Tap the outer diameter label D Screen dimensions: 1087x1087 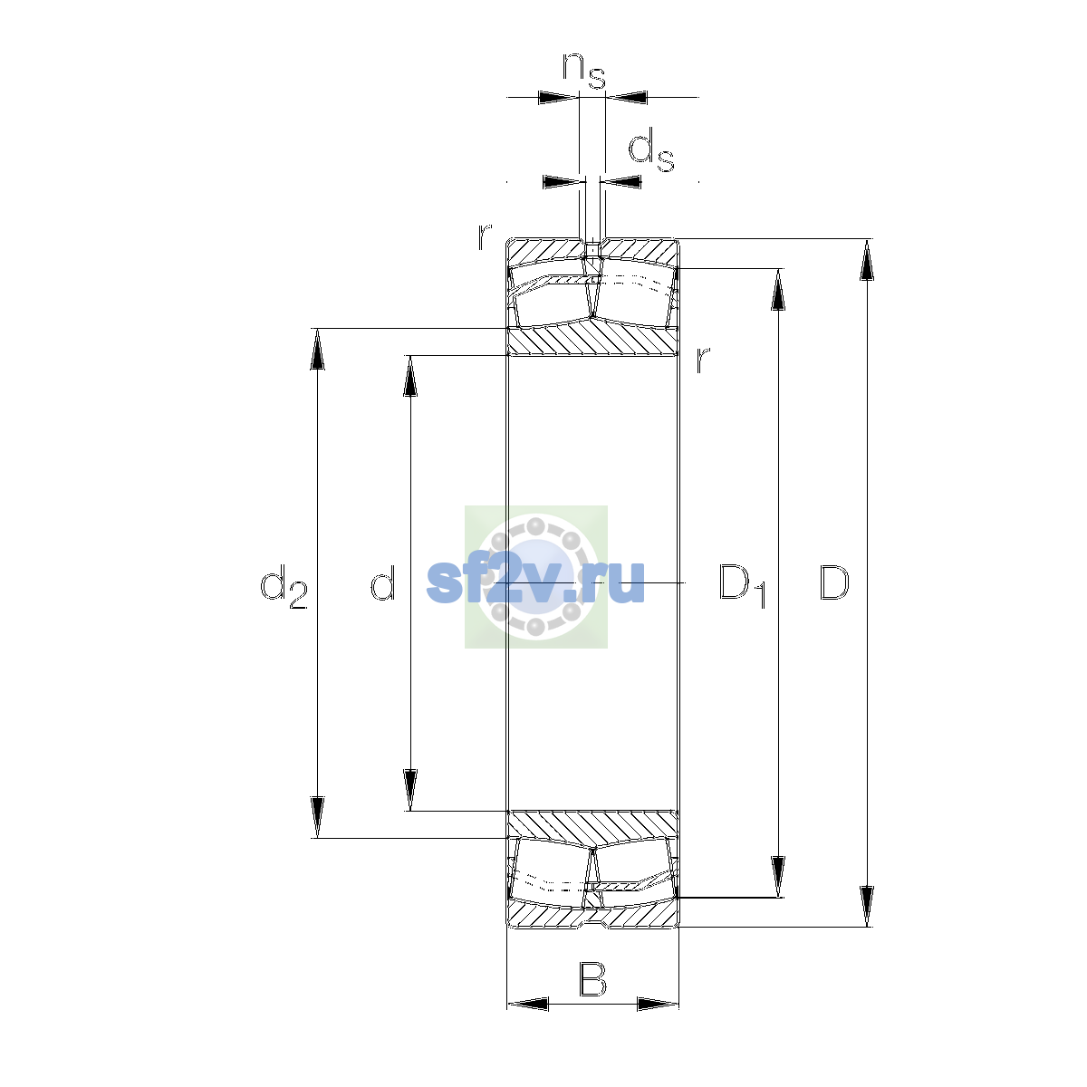point(833,582)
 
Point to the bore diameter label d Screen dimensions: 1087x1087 point(383,582)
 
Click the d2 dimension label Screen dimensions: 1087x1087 point(284,587)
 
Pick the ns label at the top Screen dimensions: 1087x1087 point(584,71)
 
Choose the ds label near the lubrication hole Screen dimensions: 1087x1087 point(651,149)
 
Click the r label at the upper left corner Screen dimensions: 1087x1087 point(485,236)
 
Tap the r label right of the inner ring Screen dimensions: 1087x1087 point(702,359)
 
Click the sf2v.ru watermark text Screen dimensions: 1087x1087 point(535,582)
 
